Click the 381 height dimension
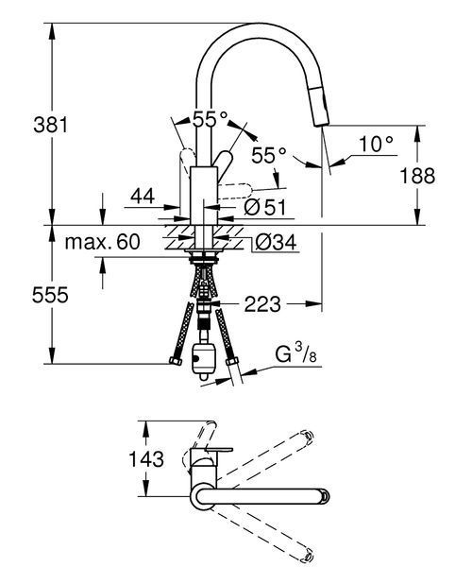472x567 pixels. pos(51,125)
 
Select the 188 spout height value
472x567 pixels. pos(417,176)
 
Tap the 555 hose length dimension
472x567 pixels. pos(50,295)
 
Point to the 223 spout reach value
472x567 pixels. pos(262,304)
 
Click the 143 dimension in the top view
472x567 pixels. pos(146,459)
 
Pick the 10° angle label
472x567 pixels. pos(376,144)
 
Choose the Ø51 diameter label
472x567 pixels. pos(264,207)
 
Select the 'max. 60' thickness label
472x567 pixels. pos(102,242)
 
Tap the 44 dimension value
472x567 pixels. pos(143,197)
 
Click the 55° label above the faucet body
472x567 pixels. pos(211,119)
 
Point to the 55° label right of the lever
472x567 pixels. pos(269,156)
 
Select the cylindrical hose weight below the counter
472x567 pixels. pos(204,361)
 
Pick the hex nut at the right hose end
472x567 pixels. pos(231,361)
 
